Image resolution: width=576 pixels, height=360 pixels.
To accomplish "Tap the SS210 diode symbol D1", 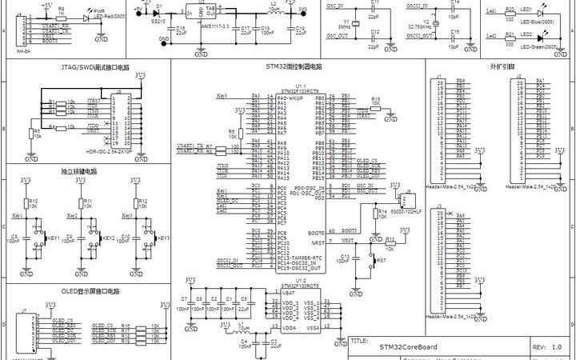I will click(x=158, y=13).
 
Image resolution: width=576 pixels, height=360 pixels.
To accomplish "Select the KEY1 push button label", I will click(x=54, y=238).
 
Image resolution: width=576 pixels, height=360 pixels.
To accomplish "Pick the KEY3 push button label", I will click(x=162, y=238).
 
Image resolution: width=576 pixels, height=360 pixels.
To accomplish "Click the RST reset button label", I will click(x=382, y=261).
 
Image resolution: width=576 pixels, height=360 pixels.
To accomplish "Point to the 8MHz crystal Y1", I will click(x=344, y=25).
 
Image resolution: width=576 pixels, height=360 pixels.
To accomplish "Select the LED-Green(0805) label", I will click(x=537, y=46).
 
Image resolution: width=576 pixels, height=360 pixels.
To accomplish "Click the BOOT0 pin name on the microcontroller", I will click(x=315, y=231).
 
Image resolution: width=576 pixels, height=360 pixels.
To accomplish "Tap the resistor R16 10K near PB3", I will click(x=376, y=100).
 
